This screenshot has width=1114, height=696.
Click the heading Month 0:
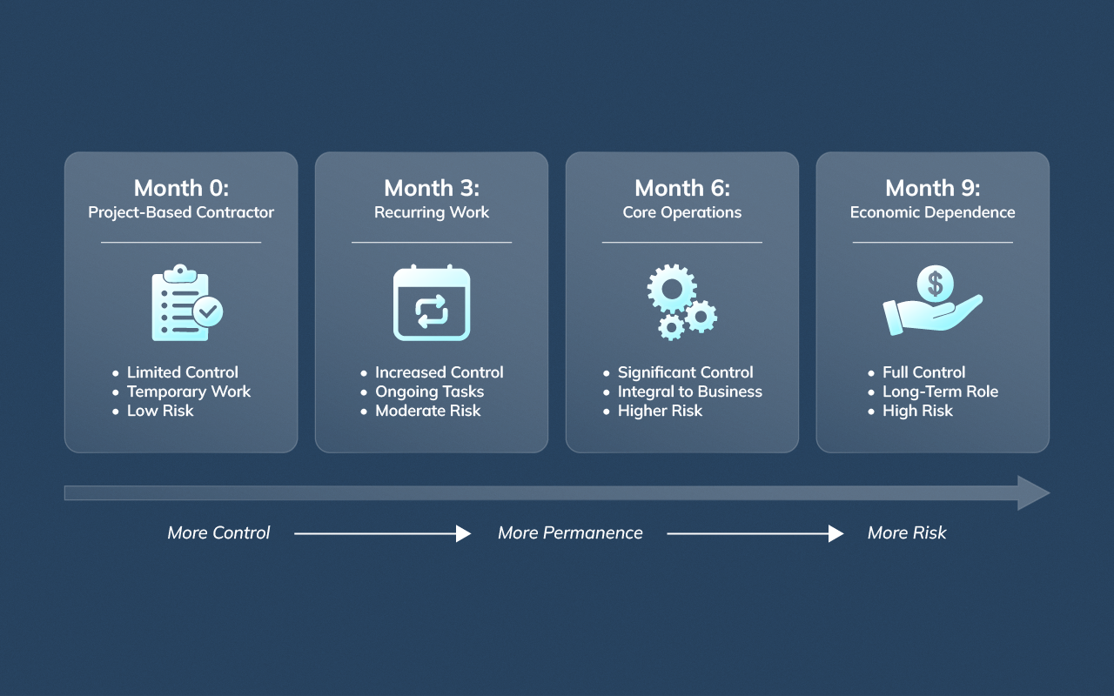click(181, 188)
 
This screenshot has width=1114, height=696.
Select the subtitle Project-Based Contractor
click(181, 212)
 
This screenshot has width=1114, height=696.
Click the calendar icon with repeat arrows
click(432, 303)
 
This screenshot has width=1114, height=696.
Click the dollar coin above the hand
click(935, 283)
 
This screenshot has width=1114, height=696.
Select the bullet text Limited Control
click(182, 372)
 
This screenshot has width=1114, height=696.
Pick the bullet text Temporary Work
click(188, 391)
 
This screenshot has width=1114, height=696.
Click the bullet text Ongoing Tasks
click(429, 391)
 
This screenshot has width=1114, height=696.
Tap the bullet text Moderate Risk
click(427, 411)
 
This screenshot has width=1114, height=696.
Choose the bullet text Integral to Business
click(689, 391)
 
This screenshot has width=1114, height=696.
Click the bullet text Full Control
click(923, 372)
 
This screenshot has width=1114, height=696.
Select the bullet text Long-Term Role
click(940, 391)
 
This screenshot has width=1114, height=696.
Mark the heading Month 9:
click(932, 188)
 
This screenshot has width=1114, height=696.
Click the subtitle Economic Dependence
click(932, 212)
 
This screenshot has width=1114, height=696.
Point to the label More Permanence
click(570, 533)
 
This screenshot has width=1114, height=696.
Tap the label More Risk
click(906, 533)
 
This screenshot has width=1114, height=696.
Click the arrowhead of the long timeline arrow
click(1033, 493)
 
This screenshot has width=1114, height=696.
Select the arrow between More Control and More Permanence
click(382, 533)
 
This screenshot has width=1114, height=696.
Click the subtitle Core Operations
click(682, 212)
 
